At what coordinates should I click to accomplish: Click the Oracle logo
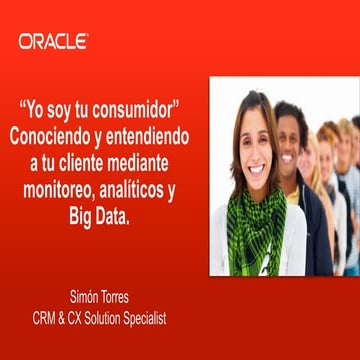[53, 41]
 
